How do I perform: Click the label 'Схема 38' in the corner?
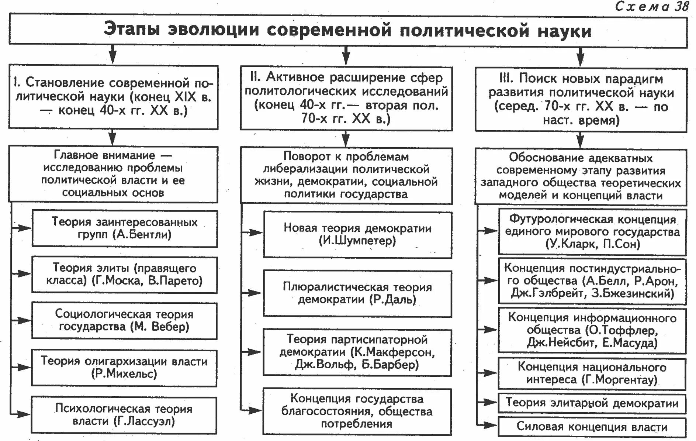tap(651, 6)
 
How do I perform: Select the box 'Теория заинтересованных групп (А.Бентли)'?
tap(124, 228)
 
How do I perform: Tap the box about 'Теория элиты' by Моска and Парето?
tap(124, 275)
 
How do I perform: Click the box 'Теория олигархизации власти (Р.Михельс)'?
tap(124, 368)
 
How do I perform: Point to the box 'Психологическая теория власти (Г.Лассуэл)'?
tap(124, 415)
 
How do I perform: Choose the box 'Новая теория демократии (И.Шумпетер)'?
tap(357, 235)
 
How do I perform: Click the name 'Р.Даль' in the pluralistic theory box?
tap(393, 300)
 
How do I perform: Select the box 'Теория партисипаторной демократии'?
tap(357, 352)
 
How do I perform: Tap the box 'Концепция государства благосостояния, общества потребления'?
tap(357, 411)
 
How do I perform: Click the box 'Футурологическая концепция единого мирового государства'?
tap(592, 232)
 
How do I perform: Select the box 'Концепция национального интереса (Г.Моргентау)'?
tap(592, 373)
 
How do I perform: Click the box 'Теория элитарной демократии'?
tap(592, 403)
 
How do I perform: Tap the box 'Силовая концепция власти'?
tap(592, 427)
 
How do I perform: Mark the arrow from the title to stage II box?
tap(346, 55)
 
